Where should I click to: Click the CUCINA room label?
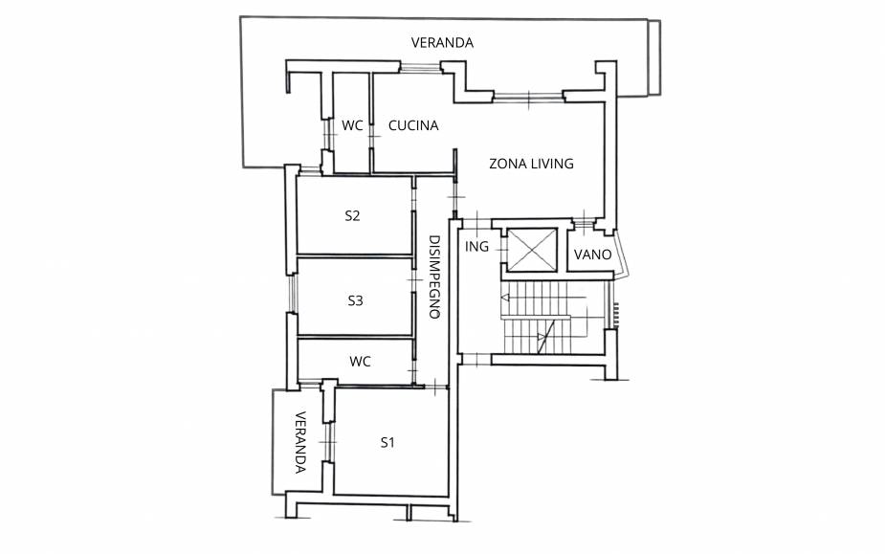coord(413,125)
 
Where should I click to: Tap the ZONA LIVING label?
coord(531,164)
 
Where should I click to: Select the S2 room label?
coord(352,215)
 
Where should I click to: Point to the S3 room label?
coord(355,301)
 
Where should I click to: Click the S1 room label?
coord(387,443)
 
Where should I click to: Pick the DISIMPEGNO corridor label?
coord(434,277)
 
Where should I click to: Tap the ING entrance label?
coord(476,247)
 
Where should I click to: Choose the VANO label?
coord(592,255)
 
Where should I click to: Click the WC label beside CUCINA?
coord(352,125)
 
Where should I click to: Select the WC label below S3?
coord(360,362)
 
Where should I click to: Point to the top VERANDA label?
coord(442,43)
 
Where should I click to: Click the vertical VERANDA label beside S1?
coord(300,442)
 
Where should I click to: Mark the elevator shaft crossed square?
coord(532,250)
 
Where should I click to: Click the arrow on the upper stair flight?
coord(543,297)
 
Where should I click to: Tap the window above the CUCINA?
coord(420,69)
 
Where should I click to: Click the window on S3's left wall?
coord(292,294)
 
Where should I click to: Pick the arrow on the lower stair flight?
coord(543,337)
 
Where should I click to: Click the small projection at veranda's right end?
coord(654,57)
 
